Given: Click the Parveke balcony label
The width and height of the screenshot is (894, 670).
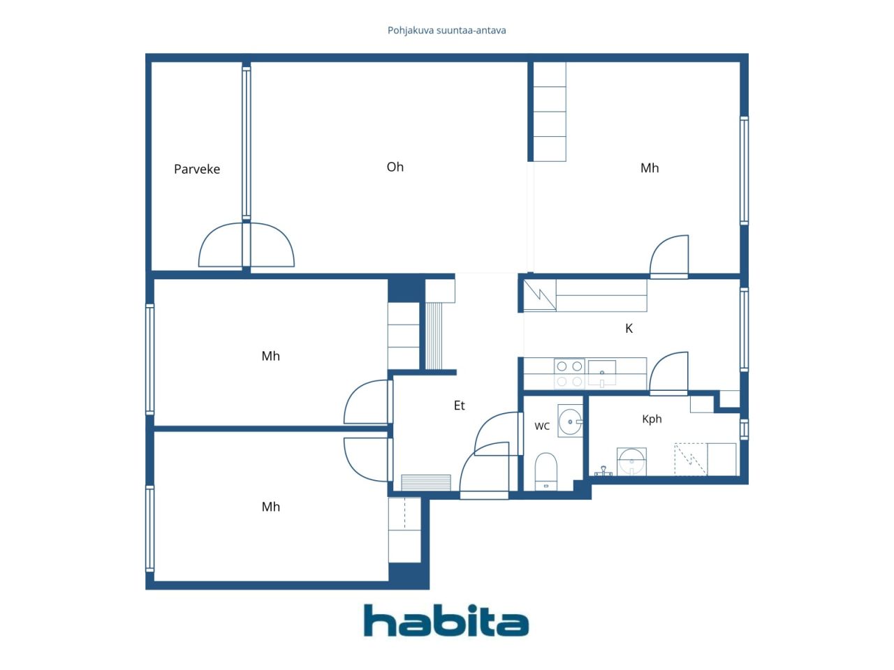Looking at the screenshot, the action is tap(197, 169).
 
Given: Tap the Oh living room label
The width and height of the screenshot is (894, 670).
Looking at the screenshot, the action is tap(395, 167).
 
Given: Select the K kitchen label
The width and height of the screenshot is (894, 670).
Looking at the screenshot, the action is tap(629, 328).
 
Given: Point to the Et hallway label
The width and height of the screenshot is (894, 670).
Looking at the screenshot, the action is tap(459, 405).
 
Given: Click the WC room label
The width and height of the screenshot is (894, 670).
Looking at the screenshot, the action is tap(542, 426).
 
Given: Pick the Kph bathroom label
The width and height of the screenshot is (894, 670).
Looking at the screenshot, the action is tap(652, 419).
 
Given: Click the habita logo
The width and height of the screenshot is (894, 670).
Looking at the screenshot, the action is tap(446, 620).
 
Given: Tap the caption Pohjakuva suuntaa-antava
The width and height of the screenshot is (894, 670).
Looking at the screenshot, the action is tap(446, 31).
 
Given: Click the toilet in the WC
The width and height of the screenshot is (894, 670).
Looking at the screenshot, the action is tap(545, 471).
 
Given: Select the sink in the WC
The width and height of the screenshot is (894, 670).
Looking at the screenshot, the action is tap(570, 421).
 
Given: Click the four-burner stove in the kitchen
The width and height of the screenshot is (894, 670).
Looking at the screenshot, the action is tap(569, 374).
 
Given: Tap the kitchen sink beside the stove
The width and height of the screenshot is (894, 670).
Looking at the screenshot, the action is tap(602, 373).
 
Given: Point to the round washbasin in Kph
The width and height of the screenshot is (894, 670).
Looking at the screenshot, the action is tap(631, 461).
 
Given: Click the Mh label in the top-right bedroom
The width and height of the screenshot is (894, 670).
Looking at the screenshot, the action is tap(650, 168).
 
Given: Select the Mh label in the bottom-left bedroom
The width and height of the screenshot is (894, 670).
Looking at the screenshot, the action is tap(271, 507).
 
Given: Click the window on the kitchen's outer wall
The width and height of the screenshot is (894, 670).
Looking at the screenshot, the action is tap(744, 329).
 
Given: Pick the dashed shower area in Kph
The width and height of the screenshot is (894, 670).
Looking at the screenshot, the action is tap(691, 459).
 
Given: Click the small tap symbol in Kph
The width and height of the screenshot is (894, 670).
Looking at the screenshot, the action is tap(603, 471).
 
